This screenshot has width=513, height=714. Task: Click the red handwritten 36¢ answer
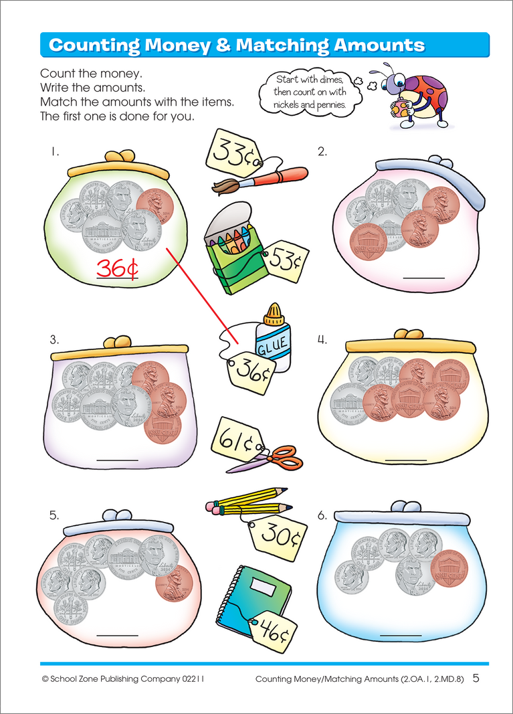point(117,268)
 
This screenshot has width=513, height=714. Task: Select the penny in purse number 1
point(155,205)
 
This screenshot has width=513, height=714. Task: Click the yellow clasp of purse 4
point(409,334)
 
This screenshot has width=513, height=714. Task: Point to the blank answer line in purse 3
point(118,459)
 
